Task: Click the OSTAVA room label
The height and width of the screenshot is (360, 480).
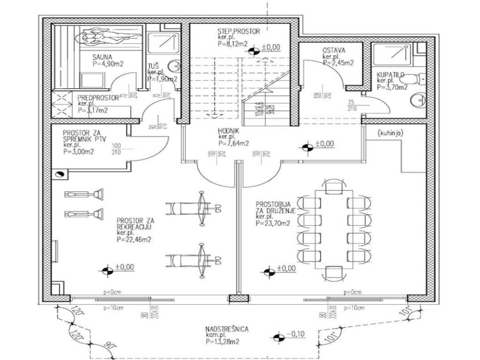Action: [x=334, y=51]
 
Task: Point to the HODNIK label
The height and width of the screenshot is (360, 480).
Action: [x=228, y=132]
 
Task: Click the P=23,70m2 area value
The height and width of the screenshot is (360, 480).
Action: [x=273, y=224]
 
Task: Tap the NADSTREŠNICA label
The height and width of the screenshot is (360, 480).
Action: [x=227, y=329]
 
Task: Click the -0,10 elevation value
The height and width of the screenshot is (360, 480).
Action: [x=296, y=334]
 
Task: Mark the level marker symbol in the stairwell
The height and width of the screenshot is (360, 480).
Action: [x=254, y=50]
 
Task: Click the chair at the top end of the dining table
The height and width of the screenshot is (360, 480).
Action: [x=335, y=186]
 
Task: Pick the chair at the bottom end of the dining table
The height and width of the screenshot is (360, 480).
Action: [x=334, y=272]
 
